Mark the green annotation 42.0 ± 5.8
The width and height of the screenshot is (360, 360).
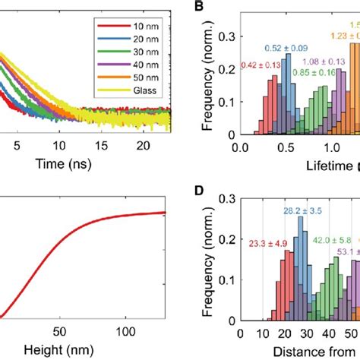point(330,237)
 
